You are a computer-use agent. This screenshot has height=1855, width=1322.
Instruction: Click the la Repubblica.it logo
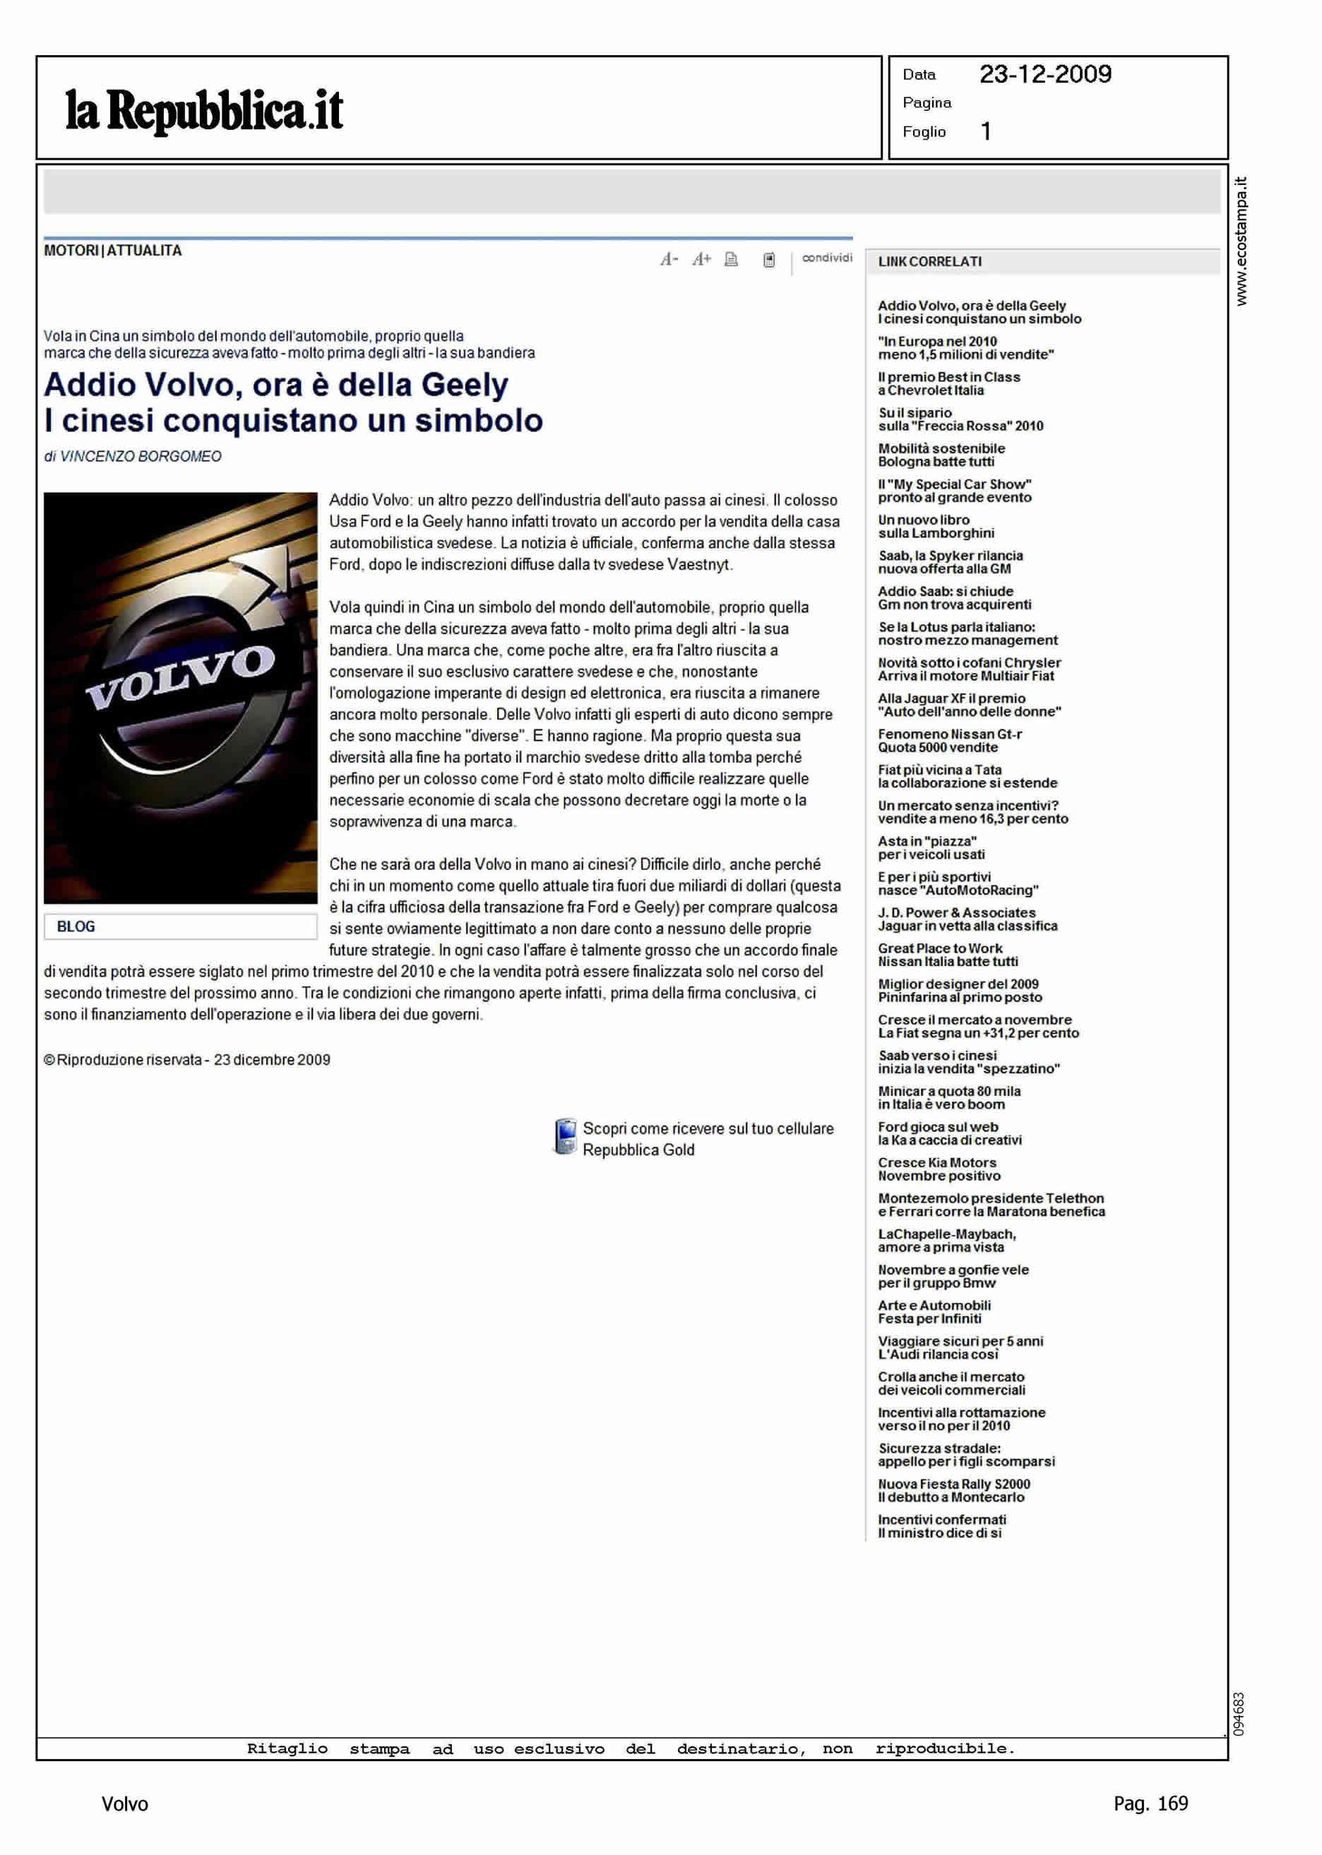coord(203,111)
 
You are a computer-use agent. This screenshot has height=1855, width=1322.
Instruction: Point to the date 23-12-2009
coord(1044,75)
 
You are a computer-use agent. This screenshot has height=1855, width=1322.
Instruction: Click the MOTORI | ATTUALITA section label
coord(112,251)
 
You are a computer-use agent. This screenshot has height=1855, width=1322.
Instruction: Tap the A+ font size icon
coord(701,260)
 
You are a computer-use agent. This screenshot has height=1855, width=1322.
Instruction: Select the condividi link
coord(826,258)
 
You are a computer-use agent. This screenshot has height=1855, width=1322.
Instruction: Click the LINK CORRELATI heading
coord(929,262)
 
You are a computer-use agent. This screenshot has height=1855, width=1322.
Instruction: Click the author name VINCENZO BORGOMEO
coord(140,457)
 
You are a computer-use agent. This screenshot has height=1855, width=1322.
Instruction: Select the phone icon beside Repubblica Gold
coord(564,1137)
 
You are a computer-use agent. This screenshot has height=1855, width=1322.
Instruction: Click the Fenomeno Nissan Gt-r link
coord(949,741)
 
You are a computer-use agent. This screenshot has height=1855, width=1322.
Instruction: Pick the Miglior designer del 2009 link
coord(959,991)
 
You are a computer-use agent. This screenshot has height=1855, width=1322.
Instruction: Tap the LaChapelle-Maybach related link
coord(946,1241)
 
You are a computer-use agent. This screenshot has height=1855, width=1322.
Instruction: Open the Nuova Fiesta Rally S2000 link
coord(953,1491)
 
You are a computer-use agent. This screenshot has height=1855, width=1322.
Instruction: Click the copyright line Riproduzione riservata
coord(187,1060)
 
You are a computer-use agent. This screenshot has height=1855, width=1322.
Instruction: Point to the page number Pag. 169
coord(1150,1803)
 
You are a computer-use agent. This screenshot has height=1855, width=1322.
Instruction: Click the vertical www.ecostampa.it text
coord(1241,241)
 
